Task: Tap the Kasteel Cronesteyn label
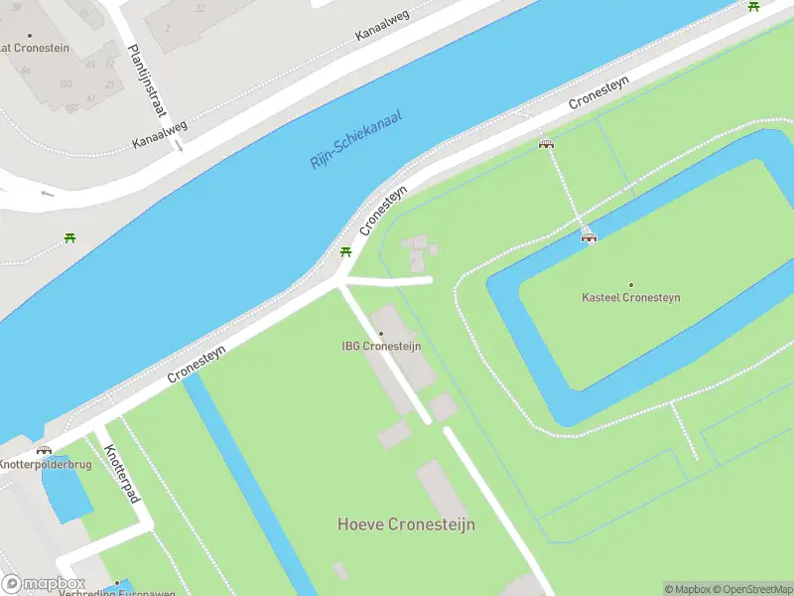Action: [x=631, y=297]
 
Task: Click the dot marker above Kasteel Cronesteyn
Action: [x=631, y=284]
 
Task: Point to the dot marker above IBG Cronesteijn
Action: [x=380, y=334]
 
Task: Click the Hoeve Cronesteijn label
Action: [x=406, y=524]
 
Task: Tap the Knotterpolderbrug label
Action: [x=46, y=464]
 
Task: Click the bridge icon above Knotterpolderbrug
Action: [x=44, y=450]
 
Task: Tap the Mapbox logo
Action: [x=44, y=584]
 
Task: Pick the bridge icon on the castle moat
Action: [x=589, y=234]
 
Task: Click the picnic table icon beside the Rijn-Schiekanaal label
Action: [x=345, y=252]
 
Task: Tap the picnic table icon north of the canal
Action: [x=69, y=237]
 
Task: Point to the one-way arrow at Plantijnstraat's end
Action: [x=180, y=146]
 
